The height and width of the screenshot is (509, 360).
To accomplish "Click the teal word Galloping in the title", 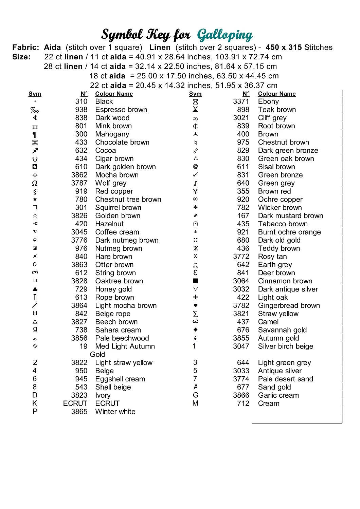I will [x=225, y=35].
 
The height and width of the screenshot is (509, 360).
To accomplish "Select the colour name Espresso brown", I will [x=121, y=110].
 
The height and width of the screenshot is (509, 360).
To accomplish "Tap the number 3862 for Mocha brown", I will [x=79, y=175].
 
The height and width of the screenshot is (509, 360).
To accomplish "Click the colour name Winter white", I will [x=115, y=412].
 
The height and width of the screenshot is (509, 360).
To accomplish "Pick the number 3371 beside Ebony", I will [x=241, y=101].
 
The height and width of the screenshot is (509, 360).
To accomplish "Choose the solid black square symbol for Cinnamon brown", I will [x=195, y=281].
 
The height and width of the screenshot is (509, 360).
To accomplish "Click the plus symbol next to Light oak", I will [x=195, y=297].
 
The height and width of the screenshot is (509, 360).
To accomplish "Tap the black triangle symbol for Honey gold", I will [x=35, y=289].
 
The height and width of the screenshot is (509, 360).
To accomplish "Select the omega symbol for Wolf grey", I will [x=35, y=183].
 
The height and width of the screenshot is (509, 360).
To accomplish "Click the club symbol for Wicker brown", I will [x=195, y=207].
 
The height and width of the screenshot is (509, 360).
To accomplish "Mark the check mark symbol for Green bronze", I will [x=195, y=175].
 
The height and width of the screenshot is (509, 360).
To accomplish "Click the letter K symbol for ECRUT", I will [x=35, y=403].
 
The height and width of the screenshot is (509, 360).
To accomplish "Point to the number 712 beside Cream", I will [x=243, y=403].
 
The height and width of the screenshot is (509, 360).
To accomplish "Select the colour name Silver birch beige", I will [x=285, y=346].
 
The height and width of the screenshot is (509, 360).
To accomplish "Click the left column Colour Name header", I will [x=114, y=94].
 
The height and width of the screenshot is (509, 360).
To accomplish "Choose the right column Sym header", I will [x=195, y=94].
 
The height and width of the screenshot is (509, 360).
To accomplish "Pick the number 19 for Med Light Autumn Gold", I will [x=84, y=346].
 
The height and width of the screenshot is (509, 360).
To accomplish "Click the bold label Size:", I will [x=21, y=57].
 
